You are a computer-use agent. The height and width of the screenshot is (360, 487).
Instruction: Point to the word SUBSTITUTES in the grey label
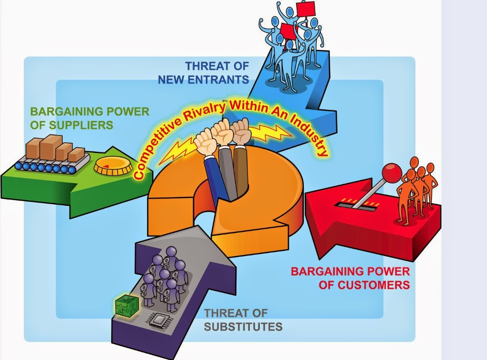(x=243, y=326)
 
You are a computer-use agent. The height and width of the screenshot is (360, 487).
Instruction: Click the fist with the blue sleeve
(x=206, y=141)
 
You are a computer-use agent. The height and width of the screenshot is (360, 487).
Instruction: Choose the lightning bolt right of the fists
(x=271, y=132)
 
